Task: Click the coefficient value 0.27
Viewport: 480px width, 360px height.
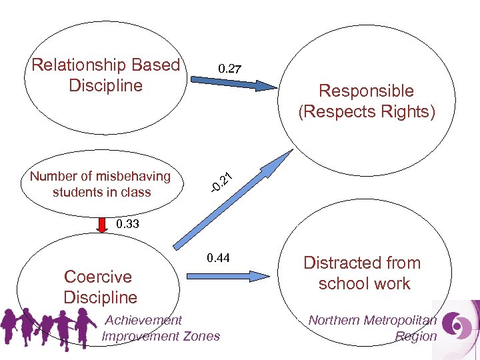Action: [230, 68]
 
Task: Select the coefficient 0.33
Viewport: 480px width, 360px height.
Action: [127, 224]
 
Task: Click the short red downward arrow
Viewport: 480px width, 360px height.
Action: [102, 225]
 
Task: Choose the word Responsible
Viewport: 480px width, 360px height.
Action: [366, 91]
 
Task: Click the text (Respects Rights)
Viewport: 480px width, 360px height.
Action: [366, 111]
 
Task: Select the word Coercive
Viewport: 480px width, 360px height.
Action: [97, 277]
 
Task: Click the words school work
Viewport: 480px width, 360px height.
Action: [364, 283]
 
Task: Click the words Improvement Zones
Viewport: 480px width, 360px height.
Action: [161, 336]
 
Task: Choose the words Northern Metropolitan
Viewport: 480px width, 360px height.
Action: [373, 321]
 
